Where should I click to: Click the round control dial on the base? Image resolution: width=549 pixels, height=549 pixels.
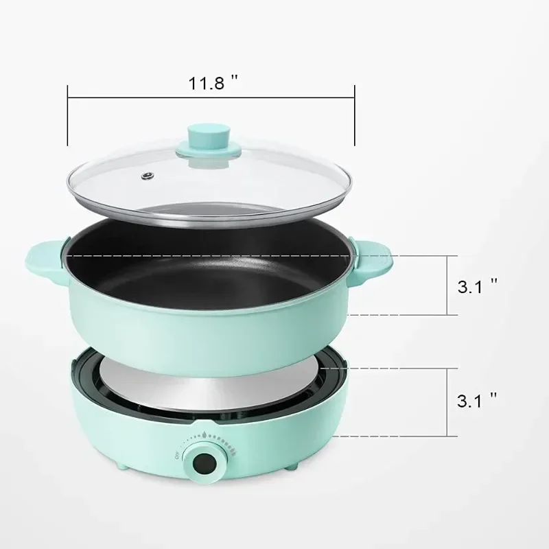[x=205, y=463]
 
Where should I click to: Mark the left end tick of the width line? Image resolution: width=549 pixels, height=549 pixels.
[x=67, y=115]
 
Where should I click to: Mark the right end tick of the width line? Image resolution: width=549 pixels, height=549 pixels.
[x=354, y=115]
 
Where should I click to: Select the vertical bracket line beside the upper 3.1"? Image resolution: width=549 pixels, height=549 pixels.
[x=447, y=285]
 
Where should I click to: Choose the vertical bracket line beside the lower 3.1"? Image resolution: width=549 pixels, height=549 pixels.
[x=447, y=401]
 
